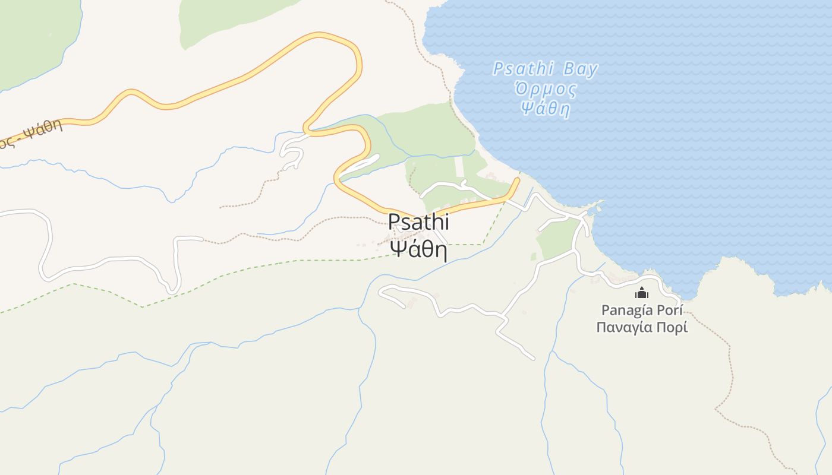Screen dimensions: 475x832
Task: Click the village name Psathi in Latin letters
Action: coord(418,223)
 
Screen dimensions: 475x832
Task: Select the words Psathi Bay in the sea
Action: coord(545,69)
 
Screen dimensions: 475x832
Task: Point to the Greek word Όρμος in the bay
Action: coord(546,90)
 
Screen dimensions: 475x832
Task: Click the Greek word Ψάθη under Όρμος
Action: coord(545,109)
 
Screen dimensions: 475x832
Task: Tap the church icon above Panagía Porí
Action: coord(642,293)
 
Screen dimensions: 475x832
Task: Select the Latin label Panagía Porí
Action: coord(642,310)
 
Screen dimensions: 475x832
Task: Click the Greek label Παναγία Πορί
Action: coord(642,327)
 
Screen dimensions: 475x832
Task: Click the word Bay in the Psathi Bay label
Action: coord(580,69)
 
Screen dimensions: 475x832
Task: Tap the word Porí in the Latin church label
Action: coord(670,310)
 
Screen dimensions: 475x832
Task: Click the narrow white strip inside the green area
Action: coord(459,166)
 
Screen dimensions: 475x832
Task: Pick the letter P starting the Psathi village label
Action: coord(394,223)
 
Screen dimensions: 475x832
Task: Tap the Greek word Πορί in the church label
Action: coord(672,327)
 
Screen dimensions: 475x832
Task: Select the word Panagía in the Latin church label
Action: coord(626,310)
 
